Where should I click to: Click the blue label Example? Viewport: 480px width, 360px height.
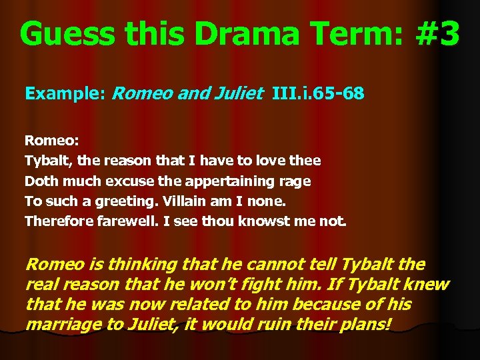tap(65, 93)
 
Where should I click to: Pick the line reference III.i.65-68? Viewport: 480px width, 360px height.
tap(318, 93)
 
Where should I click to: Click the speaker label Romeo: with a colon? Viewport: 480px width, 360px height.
tap(51, 141)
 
